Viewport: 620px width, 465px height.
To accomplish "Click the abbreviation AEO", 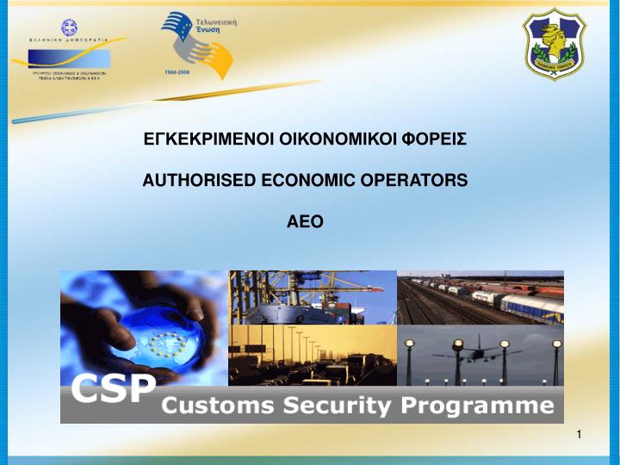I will coord(305,222).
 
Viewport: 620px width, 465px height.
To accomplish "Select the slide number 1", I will coord(580,433).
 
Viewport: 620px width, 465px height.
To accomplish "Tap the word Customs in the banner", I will coord(215,405).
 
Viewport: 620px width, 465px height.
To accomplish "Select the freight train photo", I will coord(480,297).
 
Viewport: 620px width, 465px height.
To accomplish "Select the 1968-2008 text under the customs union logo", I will coord(177,73).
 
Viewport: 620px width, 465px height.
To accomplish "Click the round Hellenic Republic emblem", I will coord(68,28).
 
